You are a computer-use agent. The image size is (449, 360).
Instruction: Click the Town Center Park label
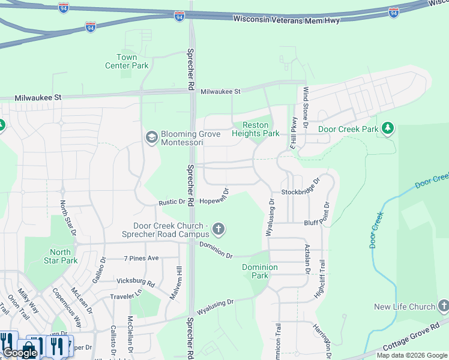click(x=127, y=61)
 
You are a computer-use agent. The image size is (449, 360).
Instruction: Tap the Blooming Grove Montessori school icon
click(x=152, y=137)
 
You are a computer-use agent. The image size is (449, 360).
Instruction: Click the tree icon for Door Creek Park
click(x=388, y=128)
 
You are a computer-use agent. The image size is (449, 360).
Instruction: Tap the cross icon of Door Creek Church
click(x=218, y=229)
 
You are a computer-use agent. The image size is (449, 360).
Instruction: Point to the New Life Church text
click(x=405, y=307)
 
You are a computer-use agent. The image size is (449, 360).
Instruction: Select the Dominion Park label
click(x=260, y=271)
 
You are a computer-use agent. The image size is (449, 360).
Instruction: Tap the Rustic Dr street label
click(x=172, y=202)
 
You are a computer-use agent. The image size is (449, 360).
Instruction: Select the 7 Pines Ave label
click(x=141, y=258)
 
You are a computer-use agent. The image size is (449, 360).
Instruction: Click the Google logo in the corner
click(x=20, y=353)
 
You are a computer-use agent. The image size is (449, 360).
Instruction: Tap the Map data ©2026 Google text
click(x=412, y=355)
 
